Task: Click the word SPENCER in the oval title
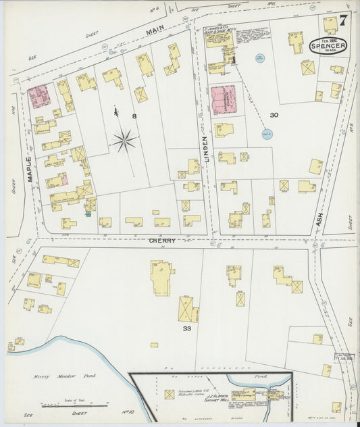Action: tap(329, 46)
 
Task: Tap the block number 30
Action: tap(274, 116)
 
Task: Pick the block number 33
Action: tap(186, 328)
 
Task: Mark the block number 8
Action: tap(134, 117)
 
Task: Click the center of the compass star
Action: tap(124, 141)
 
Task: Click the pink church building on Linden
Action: tap(223, 100)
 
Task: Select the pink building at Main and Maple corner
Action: tap(38, 95)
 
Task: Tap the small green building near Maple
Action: tap(86, 214)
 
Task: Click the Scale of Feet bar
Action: tap(74, 405)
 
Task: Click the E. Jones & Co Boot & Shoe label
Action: tap(218, 31)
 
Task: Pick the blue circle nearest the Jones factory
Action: tap(260, 59)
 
